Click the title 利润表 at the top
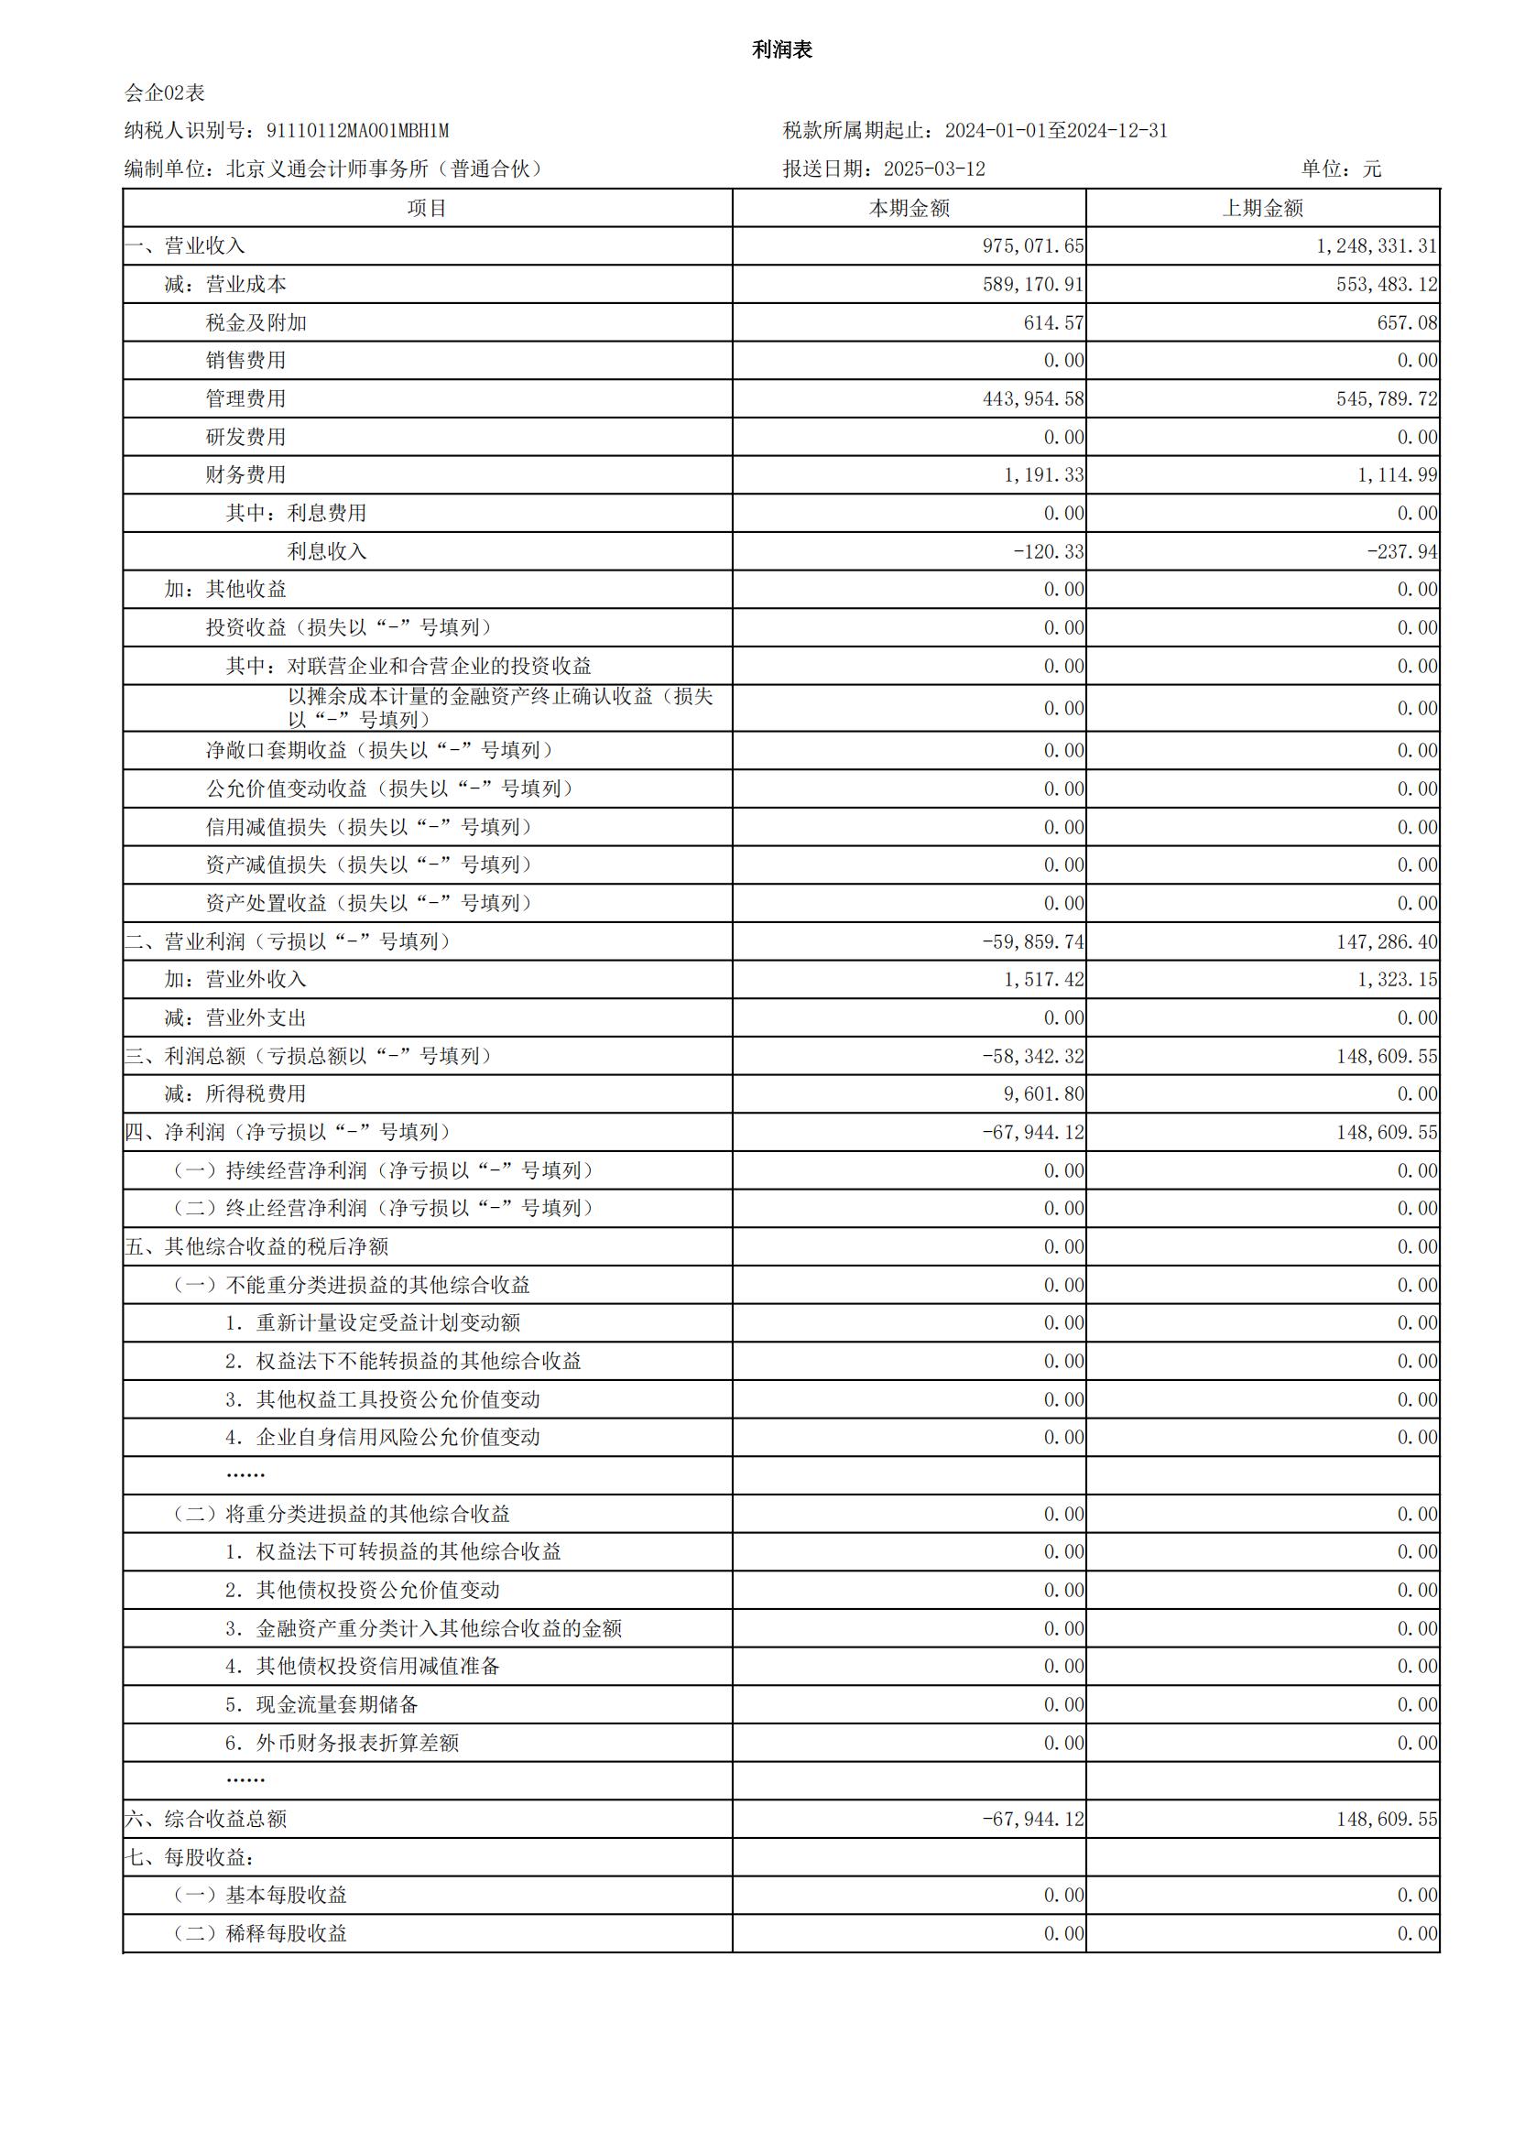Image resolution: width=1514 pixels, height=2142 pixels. [x=781, y=50]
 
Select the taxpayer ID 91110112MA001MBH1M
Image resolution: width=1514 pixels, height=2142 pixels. [x=357, y=132]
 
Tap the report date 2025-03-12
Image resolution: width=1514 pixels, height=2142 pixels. [x=934, y=169]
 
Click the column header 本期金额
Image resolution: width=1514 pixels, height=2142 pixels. [x=909, y=209]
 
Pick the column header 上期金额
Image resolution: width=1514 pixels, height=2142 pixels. [x=1262, y=209]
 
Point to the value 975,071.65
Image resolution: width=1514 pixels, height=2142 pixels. [x=1032, y=246]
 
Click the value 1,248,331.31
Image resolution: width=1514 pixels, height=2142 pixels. [x=1376, y=246]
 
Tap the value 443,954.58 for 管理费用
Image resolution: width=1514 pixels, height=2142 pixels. [x=1032, y=399]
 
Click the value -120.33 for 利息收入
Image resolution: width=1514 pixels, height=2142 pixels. [x=1049, y=552]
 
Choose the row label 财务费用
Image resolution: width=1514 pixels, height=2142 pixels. [x=245, y=475]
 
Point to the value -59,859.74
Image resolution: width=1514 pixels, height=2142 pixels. [x=1032, y=942]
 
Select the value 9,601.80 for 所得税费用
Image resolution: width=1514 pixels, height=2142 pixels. [x=1043, y=1094]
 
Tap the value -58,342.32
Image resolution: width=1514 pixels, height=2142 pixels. [x=1032, y=1057]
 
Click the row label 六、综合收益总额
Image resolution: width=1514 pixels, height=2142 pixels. [x=205, y=1820]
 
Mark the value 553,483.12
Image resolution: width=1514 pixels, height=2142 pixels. [x=1386, y=285]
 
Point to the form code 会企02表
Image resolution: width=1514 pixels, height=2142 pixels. [x=164, y=93]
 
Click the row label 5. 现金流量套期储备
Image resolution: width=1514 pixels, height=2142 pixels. [x=321, y=1705]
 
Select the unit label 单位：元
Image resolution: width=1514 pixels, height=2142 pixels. [x=1341, y=169]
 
